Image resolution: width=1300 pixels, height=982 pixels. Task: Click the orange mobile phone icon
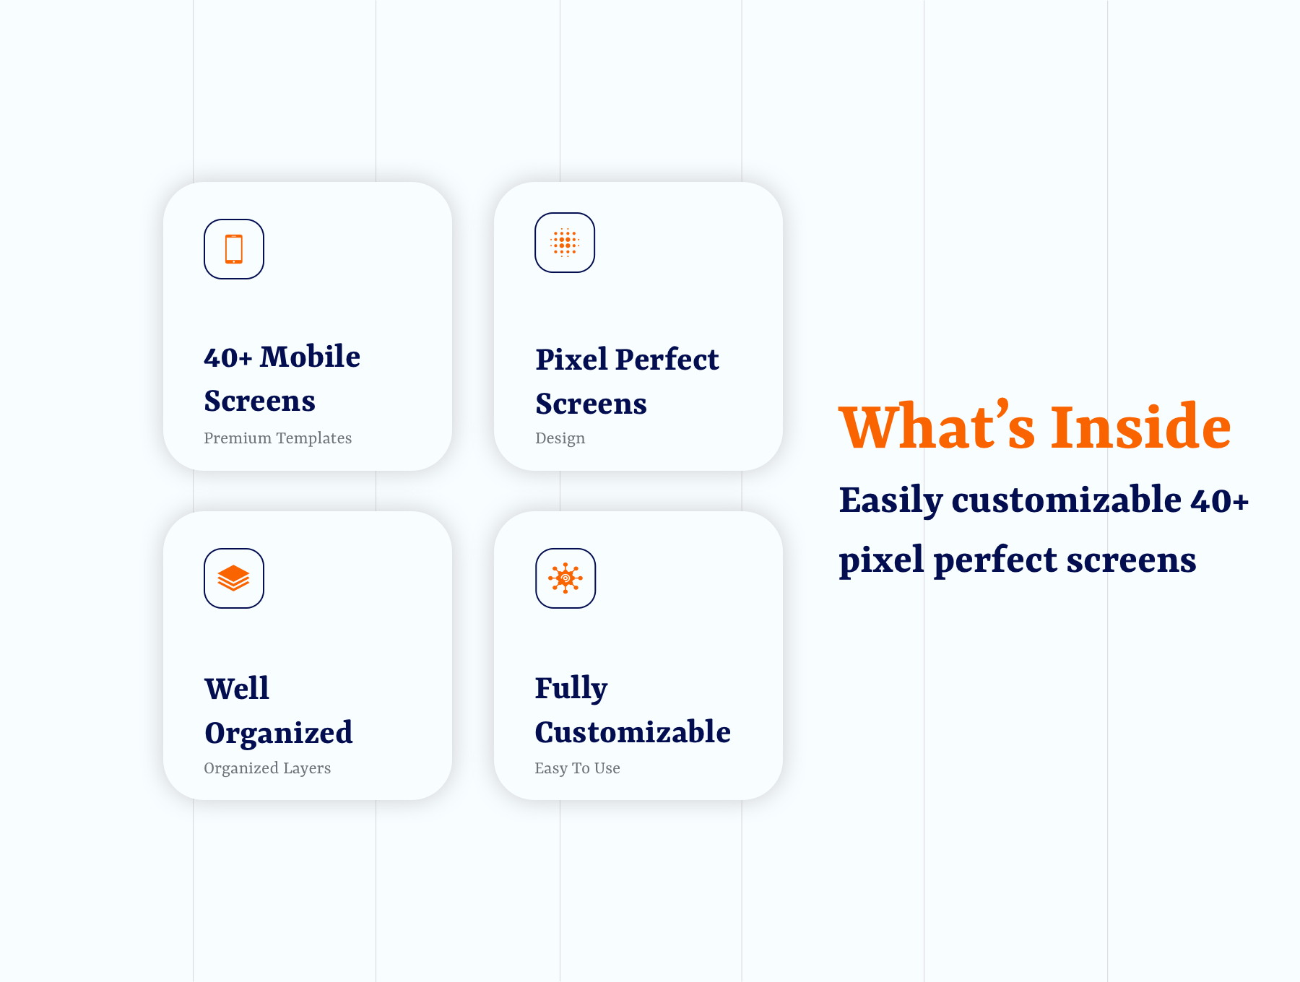pyautogui.click(x=233, y=249)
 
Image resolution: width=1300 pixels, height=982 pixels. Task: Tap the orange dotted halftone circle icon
pyautogui.click(x=565, y=243)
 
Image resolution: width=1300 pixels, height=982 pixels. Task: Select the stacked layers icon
pyautogui.click(x=233, y=578)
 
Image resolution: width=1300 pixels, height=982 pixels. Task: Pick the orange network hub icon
pyautogui.click(x=565, y=578)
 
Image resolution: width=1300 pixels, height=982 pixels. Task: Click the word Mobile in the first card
pyautogui.click(x=310, y=357)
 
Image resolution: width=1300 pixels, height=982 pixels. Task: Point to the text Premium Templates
pyautogui.click(x=277, y=438)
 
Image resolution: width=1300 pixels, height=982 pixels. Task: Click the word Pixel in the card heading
pyautogui.click(x=571, y=360)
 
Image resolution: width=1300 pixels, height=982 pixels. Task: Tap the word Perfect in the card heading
pyautogui.click(x=667, y=360)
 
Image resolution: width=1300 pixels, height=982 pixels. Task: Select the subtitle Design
pyautogui.click(x=560, y=438)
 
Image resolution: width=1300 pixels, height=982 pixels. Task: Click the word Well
pyautogui.click(x=237, y=689)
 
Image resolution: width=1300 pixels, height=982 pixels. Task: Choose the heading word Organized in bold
pyautogui.click(x=279, y=734)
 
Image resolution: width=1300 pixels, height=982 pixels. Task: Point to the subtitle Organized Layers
pyautogui.click(x=267, y=768)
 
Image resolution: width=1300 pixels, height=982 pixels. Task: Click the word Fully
pyautogui.click(x=571, y=689)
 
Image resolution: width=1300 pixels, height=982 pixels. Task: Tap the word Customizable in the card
pyautogui.click(x=633, y=732)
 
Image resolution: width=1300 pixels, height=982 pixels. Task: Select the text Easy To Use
pyautogui.click(x=577, y=768)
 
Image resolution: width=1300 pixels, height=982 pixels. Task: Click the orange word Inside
pyautogui.click(x=1141, y=427)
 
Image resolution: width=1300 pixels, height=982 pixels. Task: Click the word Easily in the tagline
pyautogui.click(x=891, y=500)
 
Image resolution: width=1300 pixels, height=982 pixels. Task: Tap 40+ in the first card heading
pyautogui.click(x=228, y=357)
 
